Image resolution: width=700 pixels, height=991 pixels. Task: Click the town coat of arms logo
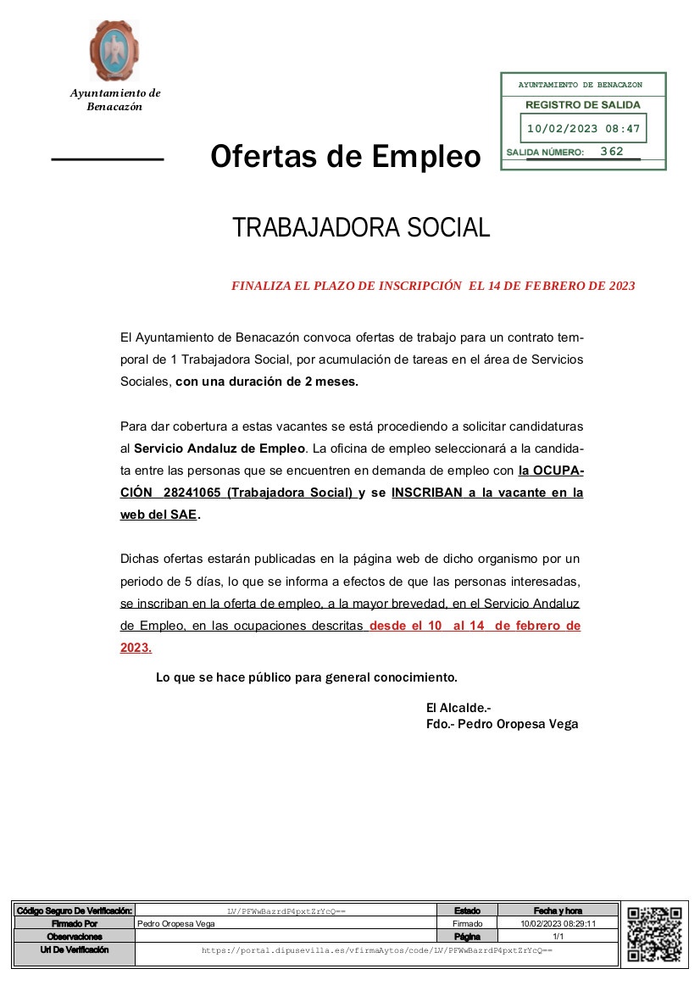pos(114,50)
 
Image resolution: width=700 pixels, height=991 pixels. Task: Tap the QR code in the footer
pos(654,934)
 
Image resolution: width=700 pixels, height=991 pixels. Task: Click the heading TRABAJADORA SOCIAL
pos(361,228)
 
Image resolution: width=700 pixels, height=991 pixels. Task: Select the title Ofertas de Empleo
pos(345,157)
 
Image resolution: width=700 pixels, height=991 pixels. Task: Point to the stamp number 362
pos(611,152)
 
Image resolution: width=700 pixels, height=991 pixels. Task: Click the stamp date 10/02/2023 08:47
pos(583,130)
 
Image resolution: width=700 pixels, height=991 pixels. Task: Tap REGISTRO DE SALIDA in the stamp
pos(583,105)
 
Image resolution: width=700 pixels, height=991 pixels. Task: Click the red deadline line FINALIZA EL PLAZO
pos(433,287)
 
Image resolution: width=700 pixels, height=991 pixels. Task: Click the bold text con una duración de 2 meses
pos(267,381)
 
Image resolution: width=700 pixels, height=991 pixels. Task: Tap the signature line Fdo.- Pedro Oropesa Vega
pos(502,724)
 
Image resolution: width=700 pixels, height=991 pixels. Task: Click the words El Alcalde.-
pos(458,707)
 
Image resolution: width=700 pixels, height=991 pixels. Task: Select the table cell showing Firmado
pos(467,924)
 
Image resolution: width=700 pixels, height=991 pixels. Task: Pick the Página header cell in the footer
pos(467,937)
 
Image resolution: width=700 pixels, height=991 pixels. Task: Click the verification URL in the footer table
pos(376,951)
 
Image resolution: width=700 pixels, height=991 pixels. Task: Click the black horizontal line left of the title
pos(107,159)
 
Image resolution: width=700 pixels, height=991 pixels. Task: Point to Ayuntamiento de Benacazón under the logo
pos(114,100)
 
